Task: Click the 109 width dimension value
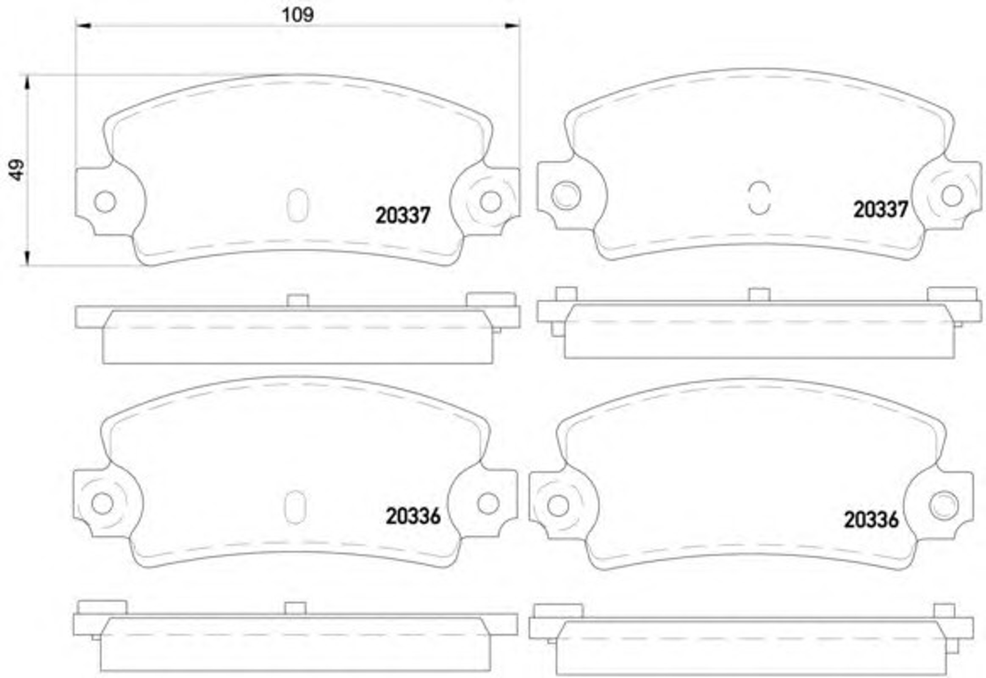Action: [298, 15]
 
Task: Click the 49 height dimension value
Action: [17, 170]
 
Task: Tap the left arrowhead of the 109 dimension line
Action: [83, 26]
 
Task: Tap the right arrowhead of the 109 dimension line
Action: [512, 26]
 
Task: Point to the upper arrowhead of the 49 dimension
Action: [28, 83]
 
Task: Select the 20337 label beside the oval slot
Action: [402, 215]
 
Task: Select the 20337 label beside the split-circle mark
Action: [881, 209]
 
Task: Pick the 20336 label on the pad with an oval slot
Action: [413, 516]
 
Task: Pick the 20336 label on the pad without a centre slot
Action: [871, 520]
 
